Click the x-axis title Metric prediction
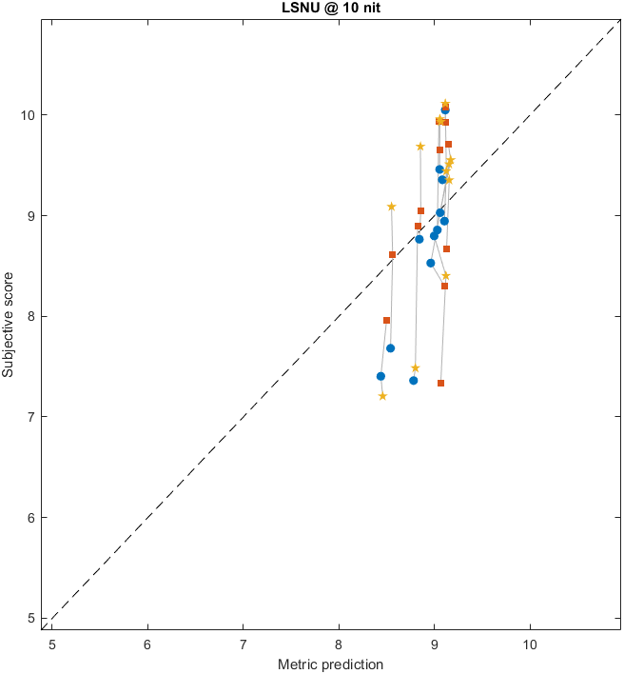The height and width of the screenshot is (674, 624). click(329, 664)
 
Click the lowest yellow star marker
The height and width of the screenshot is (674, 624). click(382, 396)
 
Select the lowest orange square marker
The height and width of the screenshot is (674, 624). click(440, 383)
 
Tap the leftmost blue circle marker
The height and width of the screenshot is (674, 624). click(380, 376)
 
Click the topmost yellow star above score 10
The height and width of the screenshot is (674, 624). click(445, 103)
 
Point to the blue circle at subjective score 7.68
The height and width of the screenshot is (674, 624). click(390, 348)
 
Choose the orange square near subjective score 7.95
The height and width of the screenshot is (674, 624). click(386, 320)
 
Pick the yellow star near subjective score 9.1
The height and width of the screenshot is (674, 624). click(391, 207)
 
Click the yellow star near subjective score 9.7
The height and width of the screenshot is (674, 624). click(420, 147)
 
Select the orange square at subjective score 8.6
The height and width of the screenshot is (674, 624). click(392, 254)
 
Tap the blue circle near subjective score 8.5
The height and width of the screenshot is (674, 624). click(430, 263)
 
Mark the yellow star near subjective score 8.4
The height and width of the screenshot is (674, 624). click(445, 276)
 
